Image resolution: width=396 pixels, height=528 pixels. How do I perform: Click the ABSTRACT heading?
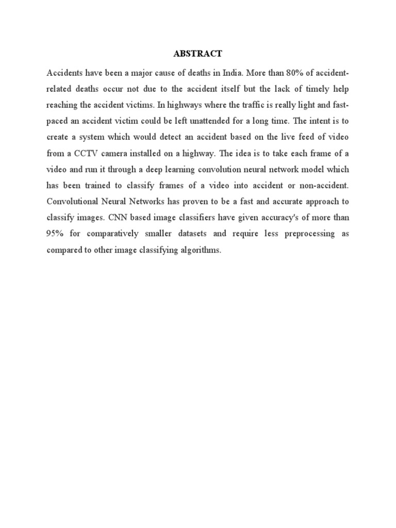(x=197, y=53)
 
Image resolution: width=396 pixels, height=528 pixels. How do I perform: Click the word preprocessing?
(x=300, y=234)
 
